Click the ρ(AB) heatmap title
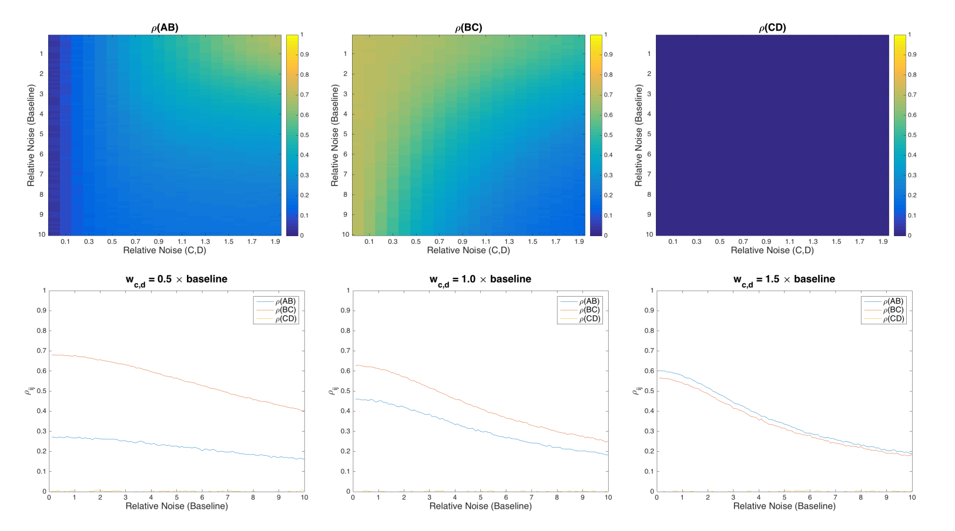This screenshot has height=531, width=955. pos(165,28)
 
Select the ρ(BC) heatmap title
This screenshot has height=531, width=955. pos(468,28)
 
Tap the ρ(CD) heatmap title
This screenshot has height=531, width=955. pos(772,28)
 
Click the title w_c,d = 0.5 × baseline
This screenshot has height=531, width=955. pos(176,280)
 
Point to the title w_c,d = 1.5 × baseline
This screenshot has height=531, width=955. pos(784,280)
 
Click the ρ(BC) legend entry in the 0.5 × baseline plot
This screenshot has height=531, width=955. pos(286,310)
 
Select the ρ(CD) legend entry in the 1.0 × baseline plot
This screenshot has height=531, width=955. pos(589,319)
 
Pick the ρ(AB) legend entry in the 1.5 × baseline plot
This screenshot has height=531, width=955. pos(893,301)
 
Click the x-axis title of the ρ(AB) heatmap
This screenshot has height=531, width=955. pos(165,250)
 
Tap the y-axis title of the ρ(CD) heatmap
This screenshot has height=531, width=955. pos(638,135)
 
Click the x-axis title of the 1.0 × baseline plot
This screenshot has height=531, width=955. pos(480,506)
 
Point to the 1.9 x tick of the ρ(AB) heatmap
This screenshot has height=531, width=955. pos(276,241)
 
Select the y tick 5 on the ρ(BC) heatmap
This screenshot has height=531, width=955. pos(346,134)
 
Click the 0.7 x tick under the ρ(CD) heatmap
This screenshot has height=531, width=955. pos(743,241)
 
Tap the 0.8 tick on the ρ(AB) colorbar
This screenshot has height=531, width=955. pos(304,75)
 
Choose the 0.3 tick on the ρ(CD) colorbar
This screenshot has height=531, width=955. pos(912,175)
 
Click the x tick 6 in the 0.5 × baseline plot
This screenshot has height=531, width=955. pos(202,498)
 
